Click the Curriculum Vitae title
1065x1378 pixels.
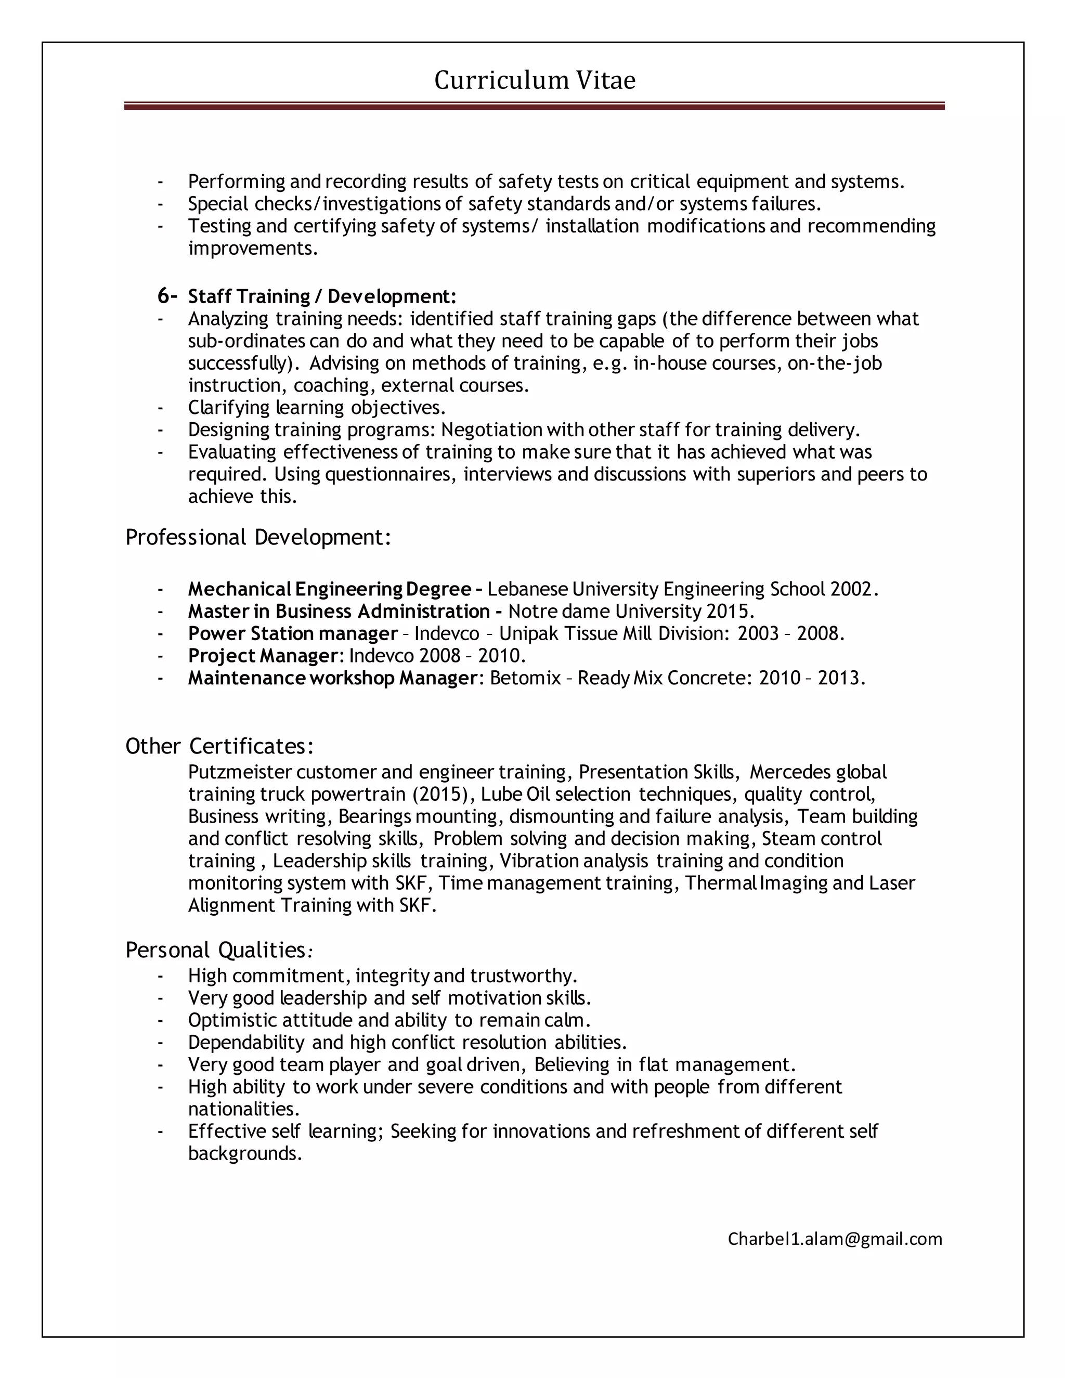point(535,80)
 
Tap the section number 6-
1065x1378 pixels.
point(167,295)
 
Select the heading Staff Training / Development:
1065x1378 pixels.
point(322,296)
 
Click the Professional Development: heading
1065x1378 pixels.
point(258,538)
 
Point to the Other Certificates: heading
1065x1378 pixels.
point(219,746)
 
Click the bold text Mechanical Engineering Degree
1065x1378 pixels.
point(329,589)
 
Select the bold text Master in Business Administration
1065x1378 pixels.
point(339,611)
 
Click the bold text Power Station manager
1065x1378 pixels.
point(293,633)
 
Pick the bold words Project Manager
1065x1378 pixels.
point(263,656)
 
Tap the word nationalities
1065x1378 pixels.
point(243,1109)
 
